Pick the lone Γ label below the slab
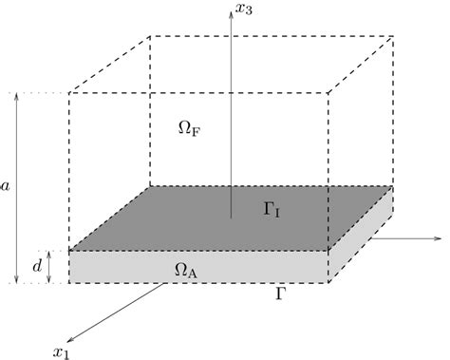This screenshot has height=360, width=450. click(x=278, y=295)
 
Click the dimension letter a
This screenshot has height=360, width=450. click(x=8, y=188)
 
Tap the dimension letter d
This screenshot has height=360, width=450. click(x=37, y=268)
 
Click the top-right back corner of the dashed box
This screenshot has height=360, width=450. click(x=393, y=37)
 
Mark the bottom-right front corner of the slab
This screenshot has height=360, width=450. click(x=328, y=283)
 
